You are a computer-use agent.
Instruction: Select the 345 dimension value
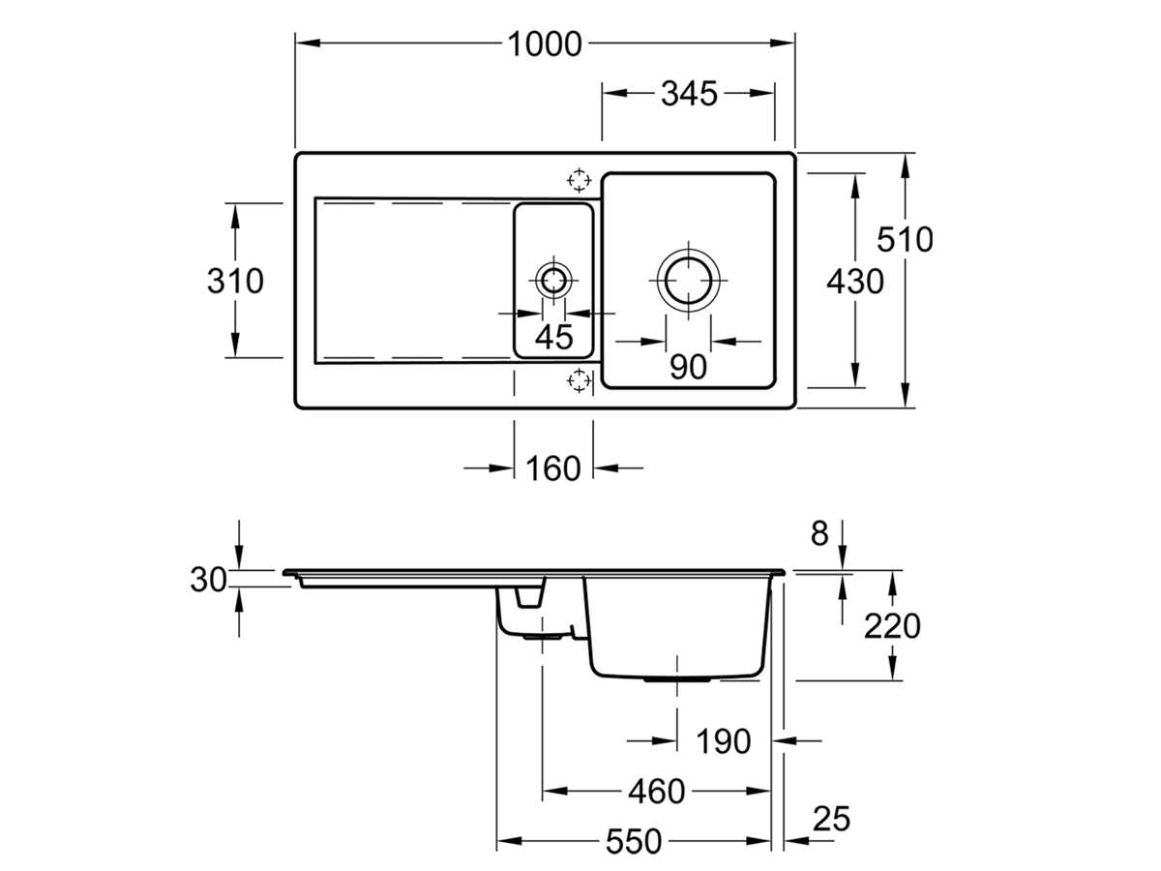689,94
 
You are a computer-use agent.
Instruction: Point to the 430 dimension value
855,282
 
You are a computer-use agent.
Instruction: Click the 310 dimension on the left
235,281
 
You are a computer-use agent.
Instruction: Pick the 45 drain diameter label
553,338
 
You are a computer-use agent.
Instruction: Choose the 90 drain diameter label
687,367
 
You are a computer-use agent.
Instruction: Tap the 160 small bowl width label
552,468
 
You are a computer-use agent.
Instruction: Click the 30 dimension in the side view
208,580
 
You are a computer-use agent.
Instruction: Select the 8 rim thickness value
819,533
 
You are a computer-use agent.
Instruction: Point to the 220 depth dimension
891,626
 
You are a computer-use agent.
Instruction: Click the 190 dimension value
724,742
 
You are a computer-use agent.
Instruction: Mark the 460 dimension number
656,792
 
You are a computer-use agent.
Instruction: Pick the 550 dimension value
634,842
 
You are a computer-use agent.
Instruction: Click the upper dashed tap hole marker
579,180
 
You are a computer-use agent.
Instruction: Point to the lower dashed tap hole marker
579,380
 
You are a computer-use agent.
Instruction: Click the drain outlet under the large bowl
679,679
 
